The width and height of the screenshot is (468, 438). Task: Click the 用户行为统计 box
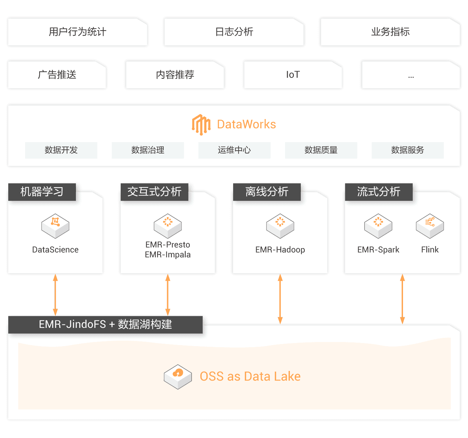tap(78, 32)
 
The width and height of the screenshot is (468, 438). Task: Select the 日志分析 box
tap(234, 32)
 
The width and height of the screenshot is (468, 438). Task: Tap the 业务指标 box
tap(390, 32)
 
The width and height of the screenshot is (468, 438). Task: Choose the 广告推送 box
tap(57, 75)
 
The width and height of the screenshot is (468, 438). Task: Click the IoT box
tap(293, 75)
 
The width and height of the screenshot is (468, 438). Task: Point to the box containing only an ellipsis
tap(411, 75)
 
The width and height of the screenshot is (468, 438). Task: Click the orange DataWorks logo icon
tap(201, 125)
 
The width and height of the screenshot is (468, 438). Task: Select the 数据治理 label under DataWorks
tap(148, 150)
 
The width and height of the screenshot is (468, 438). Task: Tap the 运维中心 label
tap(235, 150)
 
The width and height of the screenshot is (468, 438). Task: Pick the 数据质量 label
tap(321, 150)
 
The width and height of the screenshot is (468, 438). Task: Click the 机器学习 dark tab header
tap(42, 192)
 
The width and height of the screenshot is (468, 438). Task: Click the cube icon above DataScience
tap(55, 226)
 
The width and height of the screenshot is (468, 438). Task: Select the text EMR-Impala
tap(168, 255)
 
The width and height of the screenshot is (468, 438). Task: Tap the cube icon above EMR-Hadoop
tap(280, 226)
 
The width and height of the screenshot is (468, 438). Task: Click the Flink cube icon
tap(430, 226)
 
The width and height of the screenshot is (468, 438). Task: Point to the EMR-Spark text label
tap(378, 250)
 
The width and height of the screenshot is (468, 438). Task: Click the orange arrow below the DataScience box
tap(55, 295)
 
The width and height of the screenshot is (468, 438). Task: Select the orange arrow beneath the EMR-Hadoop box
tap(280, 299)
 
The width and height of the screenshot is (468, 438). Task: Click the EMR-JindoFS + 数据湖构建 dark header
tap(105, 324)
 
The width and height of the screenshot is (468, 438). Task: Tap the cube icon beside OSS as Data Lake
tap(178, 376)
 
